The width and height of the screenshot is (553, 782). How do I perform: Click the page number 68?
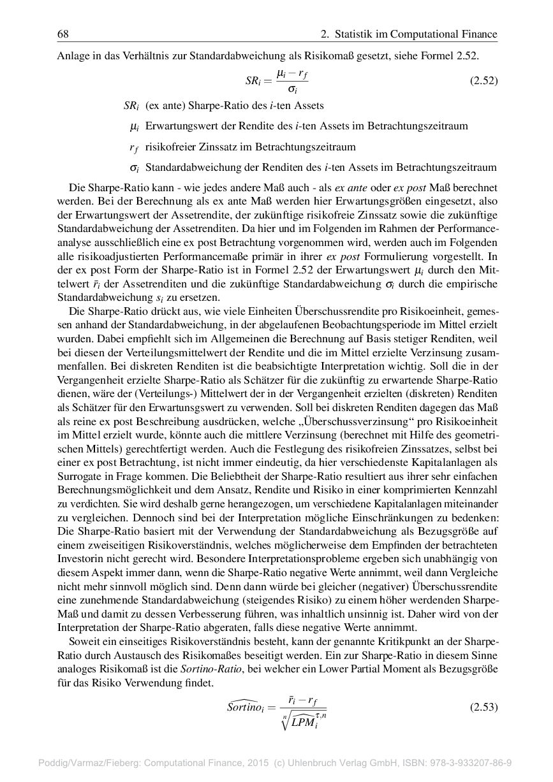tap(63, 34)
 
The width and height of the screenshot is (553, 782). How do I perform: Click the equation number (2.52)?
tap(483, 81)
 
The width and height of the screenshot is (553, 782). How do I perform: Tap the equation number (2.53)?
tap(483, 707)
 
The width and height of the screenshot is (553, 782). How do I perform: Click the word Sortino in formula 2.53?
tap(247, 707)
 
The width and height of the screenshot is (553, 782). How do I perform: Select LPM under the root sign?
tap(304, 722)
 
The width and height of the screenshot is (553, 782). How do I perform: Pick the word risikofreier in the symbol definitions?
tap(168, 147)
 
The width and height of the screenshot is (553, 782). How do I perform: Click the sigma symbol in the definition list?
tap(135, 168)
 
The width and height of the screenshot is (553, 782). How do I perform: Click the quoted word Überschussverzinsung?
tap(357, 422)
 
